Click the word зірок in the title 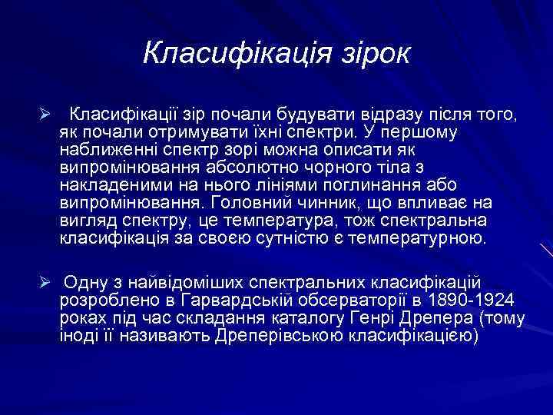click(371, 53)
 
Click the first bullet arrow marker click(46, 115)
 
